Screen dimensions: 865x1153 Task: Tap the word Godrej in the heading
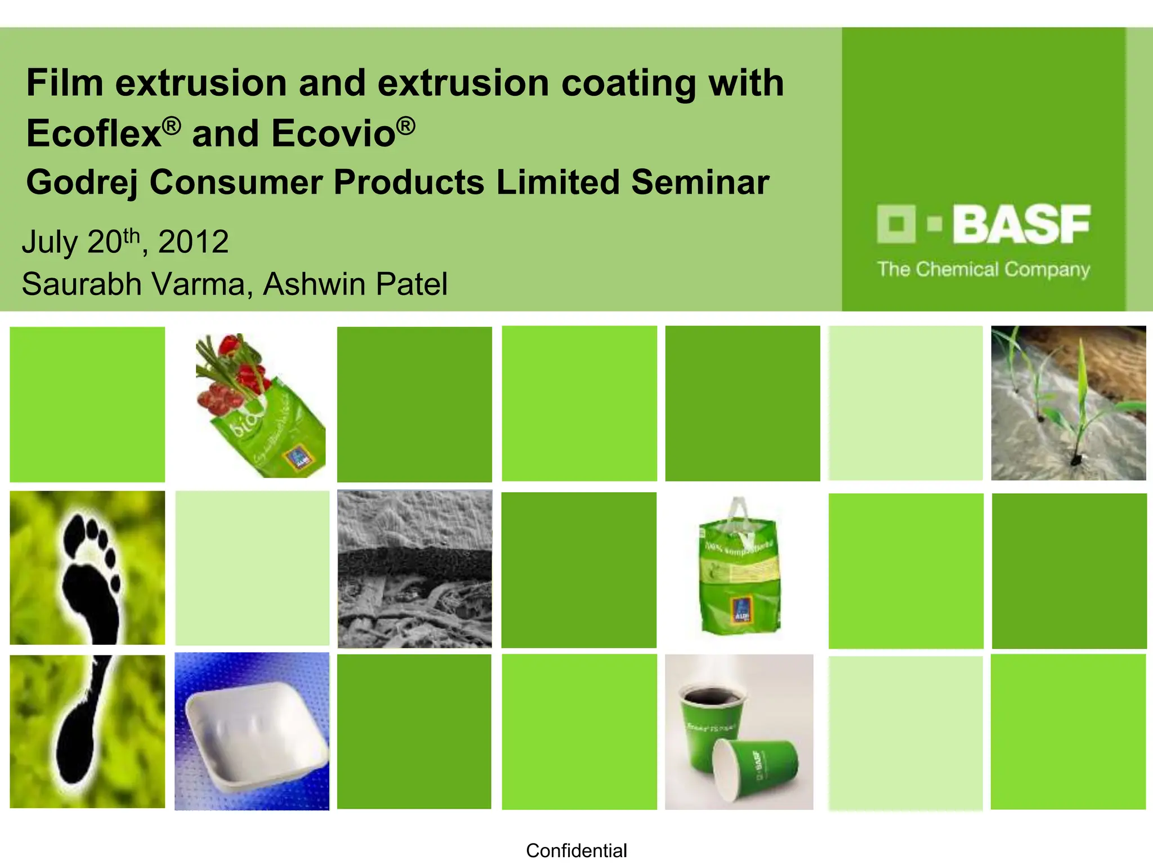pos(82,183)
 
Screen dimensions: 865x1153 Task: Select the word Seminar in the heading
pos(700,183)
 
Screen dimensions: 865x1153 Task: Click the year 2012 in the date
pos(193,242)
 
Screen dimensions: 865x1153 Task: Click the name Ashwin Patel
pos(355,284)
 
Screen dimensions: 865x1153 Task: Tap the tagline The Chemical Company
pos(983,269)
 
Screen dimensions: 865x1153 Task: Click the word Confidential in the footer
pos(576,850)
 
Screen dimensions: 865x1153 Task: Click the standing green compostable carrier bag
pos(739,574)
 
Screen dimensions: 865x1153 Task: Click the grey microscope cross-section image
pos(414,569)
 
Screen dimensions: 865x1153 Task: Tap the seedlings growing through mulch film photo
pos(1068,403)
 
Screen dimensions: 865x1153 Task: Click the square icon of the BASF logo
pos(896,224)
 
